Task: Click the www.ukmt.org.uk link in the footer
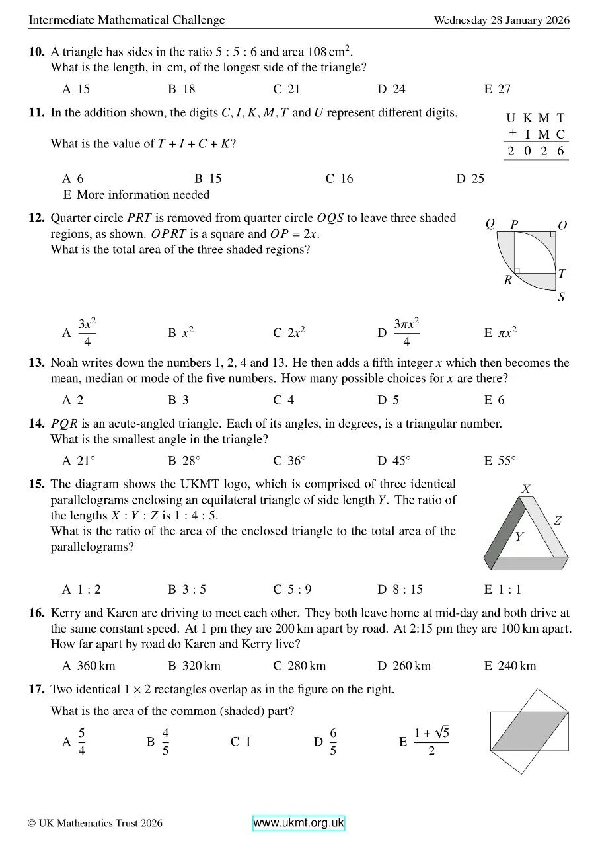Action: click(x=299, y=823)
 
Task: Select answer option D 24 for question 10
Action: click(x=391, y=89)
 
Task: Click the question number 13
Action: click(x=36, y=363)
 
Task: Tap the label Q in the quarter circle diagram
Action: click(x=490, y=224)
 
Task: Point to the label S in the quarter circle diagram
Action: click(x=561, y=297)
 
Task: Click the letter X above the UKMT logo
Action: click(x=526, y=489)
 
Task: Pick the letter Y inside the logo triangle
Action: click(x=519, y=537)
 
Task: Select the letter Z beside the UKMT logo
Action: click(x=558, y=521)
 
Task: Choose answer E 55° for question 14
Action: click(x=500, y=461)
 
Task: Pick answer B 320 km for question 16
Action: click(x=194, y=666)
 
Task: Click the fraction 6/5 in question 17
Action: click(x=332, y=742)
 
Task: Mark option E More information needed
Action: click(x=136, y=195)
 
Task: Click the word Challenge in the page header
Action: click(x=198, y=20)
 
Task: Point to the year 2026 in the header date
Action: click(x=556, y=20)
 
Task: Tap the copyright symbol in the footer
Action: click(x=31, y=824)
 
